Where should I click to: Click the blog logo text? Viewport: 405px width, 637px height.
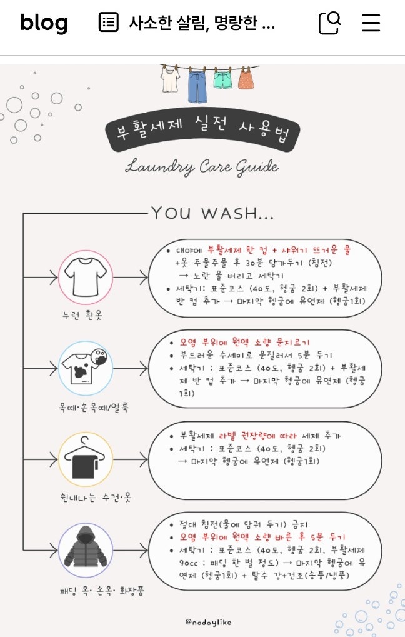tap(44, 23)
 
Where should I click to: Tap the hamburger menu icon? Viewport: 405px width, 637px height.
tap(371, 23)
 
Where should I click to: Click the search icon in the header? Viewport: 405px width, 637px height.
tap(330, 23)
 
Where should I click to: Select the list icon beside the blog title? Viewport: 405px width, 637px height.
tap(109, 22)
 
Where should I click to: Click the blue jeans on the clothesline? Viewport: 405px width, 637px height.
tap(197, 86)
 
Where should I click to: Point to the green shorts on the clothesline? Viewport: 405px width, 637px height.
tap(222, 80)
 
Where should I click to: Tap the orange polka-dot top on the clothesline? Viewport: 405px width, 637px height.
tap(246, 78)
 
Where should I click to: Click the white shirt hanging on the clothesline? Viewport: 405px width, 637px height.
tap(170, 79)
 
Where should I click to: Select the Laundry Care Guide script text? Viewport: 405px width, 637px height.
tap(202, 167)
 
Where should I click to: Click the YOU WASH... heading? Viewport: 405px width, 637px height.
tap(212, 213)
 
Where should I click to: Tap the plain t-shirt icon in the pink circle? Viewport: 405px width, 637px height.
tap(86, 277)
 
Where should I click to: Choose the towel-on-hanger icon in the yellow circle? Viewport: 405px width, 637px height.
tap(85, 459)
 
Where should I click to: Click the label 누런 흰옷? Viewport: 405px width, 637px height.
tap(82, 315)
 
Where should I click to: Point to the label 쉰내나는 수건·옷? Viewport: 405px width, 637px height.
tap(96, 497)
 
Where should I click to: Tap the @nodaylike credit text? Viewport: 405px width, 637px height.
tap(208, 622)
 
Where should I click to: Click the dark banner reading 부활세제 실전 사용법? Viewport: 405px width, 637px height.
tap(202, 131)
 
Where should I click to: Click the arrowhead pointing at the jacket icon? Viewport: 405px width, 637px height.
tap(54, 551)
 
